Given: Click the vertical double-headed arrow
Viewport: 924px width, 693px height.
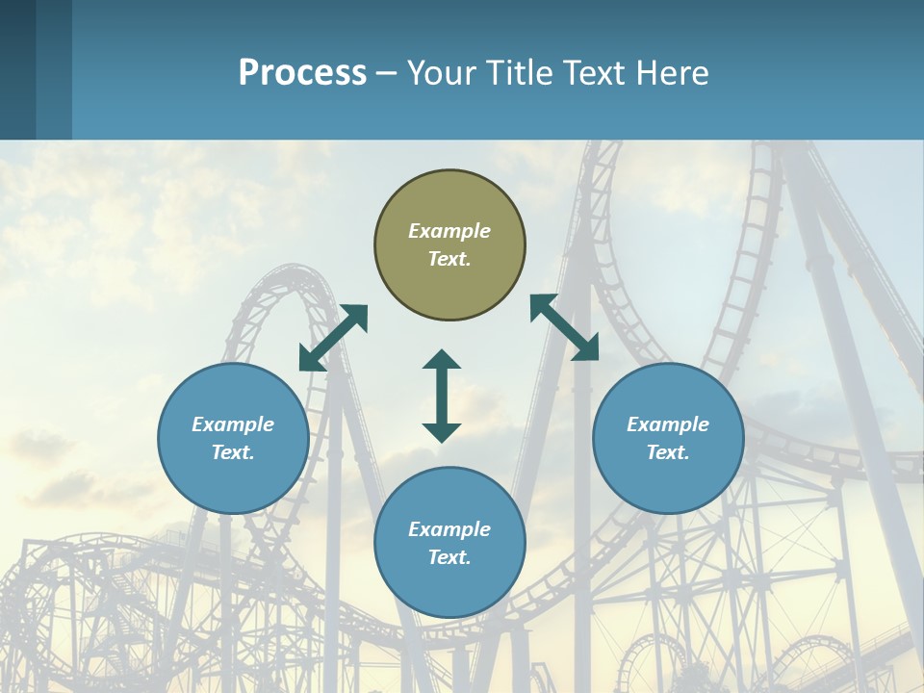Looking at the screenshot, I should coord(442,396).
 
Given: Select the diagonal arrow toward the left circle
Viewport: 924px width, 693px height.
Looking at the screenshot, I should coord(333,338).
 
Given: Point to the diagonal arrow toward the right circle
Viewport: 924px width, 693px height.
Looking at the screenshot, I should coord(564,327).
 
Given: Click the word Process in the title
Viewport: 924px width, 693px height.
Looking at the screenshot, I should coord(302,72).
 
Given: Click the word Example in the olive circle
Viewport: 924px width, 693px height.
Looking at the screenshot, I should coord(449,231).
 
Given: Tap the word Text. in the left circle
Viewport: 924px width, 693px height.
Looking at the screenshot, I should coord(233,452).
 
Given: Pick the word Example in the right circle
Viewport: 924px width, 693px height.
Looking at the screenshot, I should coord(668,424).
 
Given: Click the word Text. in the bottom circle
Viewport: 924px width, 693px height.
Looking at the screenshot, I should coord(449,557).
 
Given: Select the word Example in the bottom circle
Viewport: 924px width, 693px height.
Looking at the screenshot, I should coord(449,529).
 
